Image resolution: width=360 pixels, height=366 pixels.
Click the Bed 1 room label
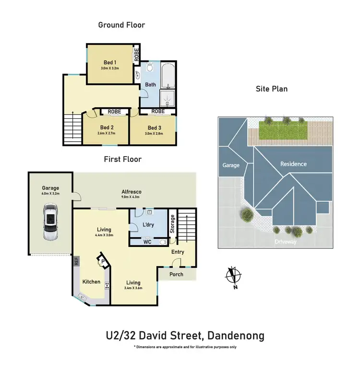click(110, 62)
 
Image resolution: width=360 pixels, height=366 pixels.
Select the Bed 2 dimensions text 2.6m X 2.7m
click(106, 133)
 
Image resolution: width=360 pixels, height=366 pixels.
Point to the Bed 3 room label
click(154, 128)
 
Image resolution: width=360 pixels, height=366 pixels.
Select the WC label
click(147, 242)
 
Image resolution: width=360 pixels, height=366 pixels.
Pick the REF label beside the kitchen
click(76, 262)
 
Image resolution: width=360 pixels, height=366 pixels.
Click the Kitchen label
click(91, 281)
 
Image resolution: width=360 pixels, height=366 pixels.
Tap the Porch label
click(177, 274)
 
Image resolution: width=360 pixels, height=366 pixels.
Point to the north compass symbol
click(233, 278)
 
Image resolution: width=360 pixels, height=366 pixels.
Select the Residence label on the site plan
click(293, 164)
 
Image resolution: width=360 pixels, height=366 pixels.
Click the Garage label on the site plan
click(230, 165)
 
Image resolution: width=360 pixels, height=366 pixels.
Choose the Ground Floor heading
click(121, 24)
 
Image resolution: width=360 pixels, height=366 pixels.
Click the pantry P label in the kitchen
click(102, 262)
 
